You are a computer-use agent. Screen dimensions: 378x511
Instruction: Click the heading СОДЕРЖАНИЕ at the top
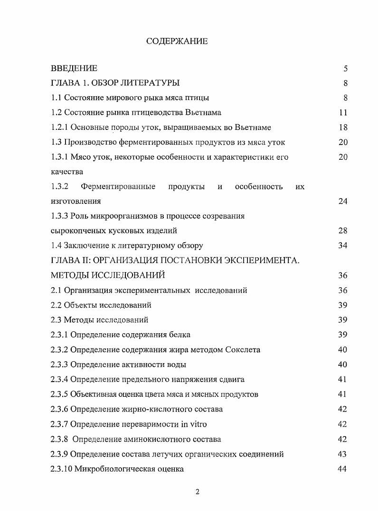click(177, 41)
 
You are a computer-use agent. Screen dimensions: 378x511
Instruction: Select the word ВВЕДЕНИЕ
click(74, 69)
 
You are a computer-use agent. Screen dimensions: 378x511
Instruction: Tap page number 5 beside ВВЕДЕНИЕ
click(346, 69)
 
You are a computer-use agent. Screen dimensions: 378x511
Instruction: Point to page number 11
click(343, 113)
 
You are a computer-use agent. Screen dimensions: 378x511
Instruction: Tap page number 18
click(343, 128)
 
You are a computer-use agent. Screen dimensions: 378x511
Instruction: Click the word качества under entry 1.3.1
click(67, 172)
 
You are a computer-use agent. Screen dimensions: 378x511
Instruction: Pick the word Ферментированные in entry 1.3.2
click(118, 186)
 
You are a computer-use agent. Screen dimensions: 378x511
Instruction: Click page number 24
click(343, 201)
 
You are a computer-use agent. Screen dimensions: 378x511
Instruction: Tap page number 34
click(343, 246)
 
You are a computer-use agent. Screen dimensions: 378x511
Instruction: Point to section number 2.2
click(57, 305)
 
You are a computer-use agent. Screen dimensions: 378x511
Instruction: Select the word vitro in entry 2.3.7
click(198, 424)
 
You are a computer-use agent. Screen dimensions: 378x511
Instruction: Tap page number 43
click(343, 454)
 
